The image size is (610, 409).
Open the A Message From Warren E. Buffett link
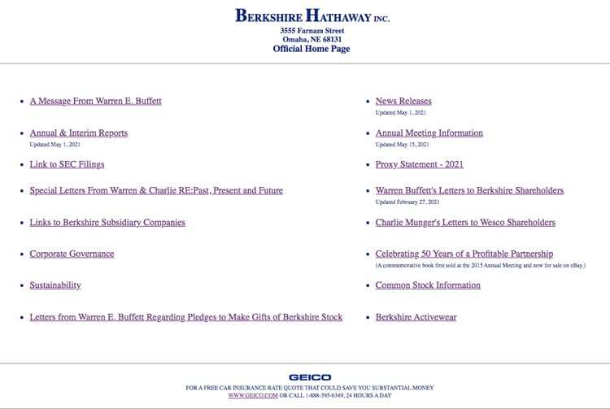(95, 102)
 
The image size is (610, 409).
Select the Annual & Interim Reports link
(78, 133)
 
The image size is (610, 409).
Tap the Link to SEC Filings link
(67, 164)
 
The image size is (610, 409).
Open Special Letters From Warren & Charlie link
(156, 191)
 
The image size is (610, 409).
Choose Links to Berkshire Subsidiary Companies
(107, 223)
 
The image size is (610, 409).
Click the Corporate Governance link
(72, 255)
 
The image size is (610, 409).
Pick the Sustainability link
(55, 285)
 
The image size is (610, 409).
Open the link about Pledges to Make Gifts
(185, 317)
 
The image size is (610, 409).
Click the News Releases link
(403, 102)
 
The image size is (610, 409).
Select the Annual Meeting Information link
(429, 133)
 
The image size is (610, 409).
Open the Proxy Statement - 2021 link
(419, 164)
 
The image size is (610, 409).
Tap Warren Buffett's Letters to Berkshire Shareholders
(469, 191)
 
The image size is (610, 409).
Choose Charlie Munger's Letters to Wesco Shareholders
(465, 223)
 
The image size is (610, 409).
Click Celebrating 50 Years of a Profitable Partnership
(464, 255)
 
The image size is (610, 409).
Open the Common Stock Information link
(428, 285)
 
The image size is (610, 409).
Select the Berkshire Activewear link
(416, 317)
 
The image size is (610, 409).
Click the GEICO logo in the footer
(310, 377)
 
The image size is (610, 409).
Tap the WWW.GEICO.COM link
(252, 396)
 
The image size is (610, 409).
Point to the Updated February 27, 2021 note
(407, 202)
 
